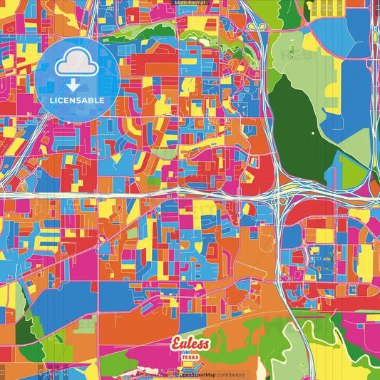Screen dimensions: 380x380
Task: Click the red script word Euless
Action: pos(191,344)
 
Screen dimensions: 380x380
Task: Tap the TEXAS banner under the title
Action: pos(191,357)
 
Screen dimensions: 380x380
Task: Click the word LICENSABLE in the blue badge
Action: pos(77,100)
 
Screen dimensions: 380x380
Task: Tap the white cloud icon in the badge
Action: pos(77,63)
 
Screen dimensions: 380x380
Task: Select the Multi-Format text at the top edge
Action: pos(190,3)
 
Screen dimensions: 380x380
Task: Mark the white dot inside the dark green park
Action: pos(312,133)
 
